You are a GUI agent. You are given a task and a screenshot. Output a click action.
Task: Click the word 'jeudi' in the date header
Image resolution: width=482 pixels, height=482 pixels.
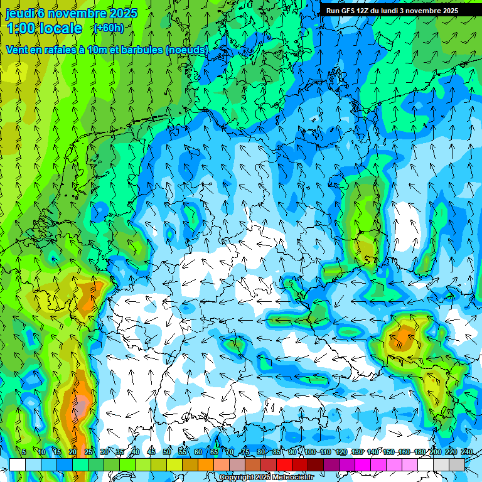pos(20,13)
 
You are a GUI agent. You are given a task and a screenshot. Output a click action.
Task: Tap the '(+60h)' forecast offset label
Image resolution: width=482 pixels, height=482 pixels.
pos(108,28)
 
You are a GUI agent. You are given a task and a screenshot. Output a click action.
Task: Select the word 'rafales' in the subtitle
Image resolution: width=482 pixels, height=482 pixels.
pos(58,49)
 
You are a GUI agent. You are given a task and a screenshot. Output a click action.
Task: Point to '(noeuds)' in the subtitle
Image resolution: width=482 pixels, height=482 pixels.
pos(187,49)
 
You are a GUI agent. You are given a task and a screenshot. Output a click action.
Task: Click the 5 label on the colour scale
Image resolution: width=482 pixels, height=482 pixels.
pos(24,452)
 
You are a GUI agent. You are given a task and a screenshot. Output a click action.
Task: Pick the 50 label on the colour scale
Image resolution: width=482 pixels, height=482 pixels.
pos(167,452)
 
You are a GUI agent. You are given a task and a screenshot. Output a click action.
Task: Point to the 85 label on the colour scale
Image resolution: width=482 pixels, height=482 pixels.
pos(277,452)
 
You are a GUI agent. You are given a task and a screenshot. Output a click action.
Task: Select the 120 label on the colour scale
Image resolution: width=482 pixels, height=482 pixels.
pos(341,452)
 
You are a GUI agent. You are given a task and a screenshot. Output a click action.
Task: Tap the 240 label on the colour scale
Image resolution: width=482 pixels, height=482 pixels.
pos(467,452)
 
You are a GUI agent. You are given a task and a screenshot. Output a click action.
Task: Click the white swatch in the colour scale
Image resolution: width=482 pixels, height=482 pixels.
pos(18,464)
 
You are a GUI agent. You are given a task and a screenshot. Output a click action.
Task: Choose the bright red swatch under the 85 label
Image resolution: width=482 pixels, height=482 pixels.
pos(284,464)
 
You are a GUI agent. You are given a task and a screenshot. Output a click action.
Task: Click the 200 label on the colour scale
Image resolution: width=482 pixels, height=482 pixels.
pos(436,452)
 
